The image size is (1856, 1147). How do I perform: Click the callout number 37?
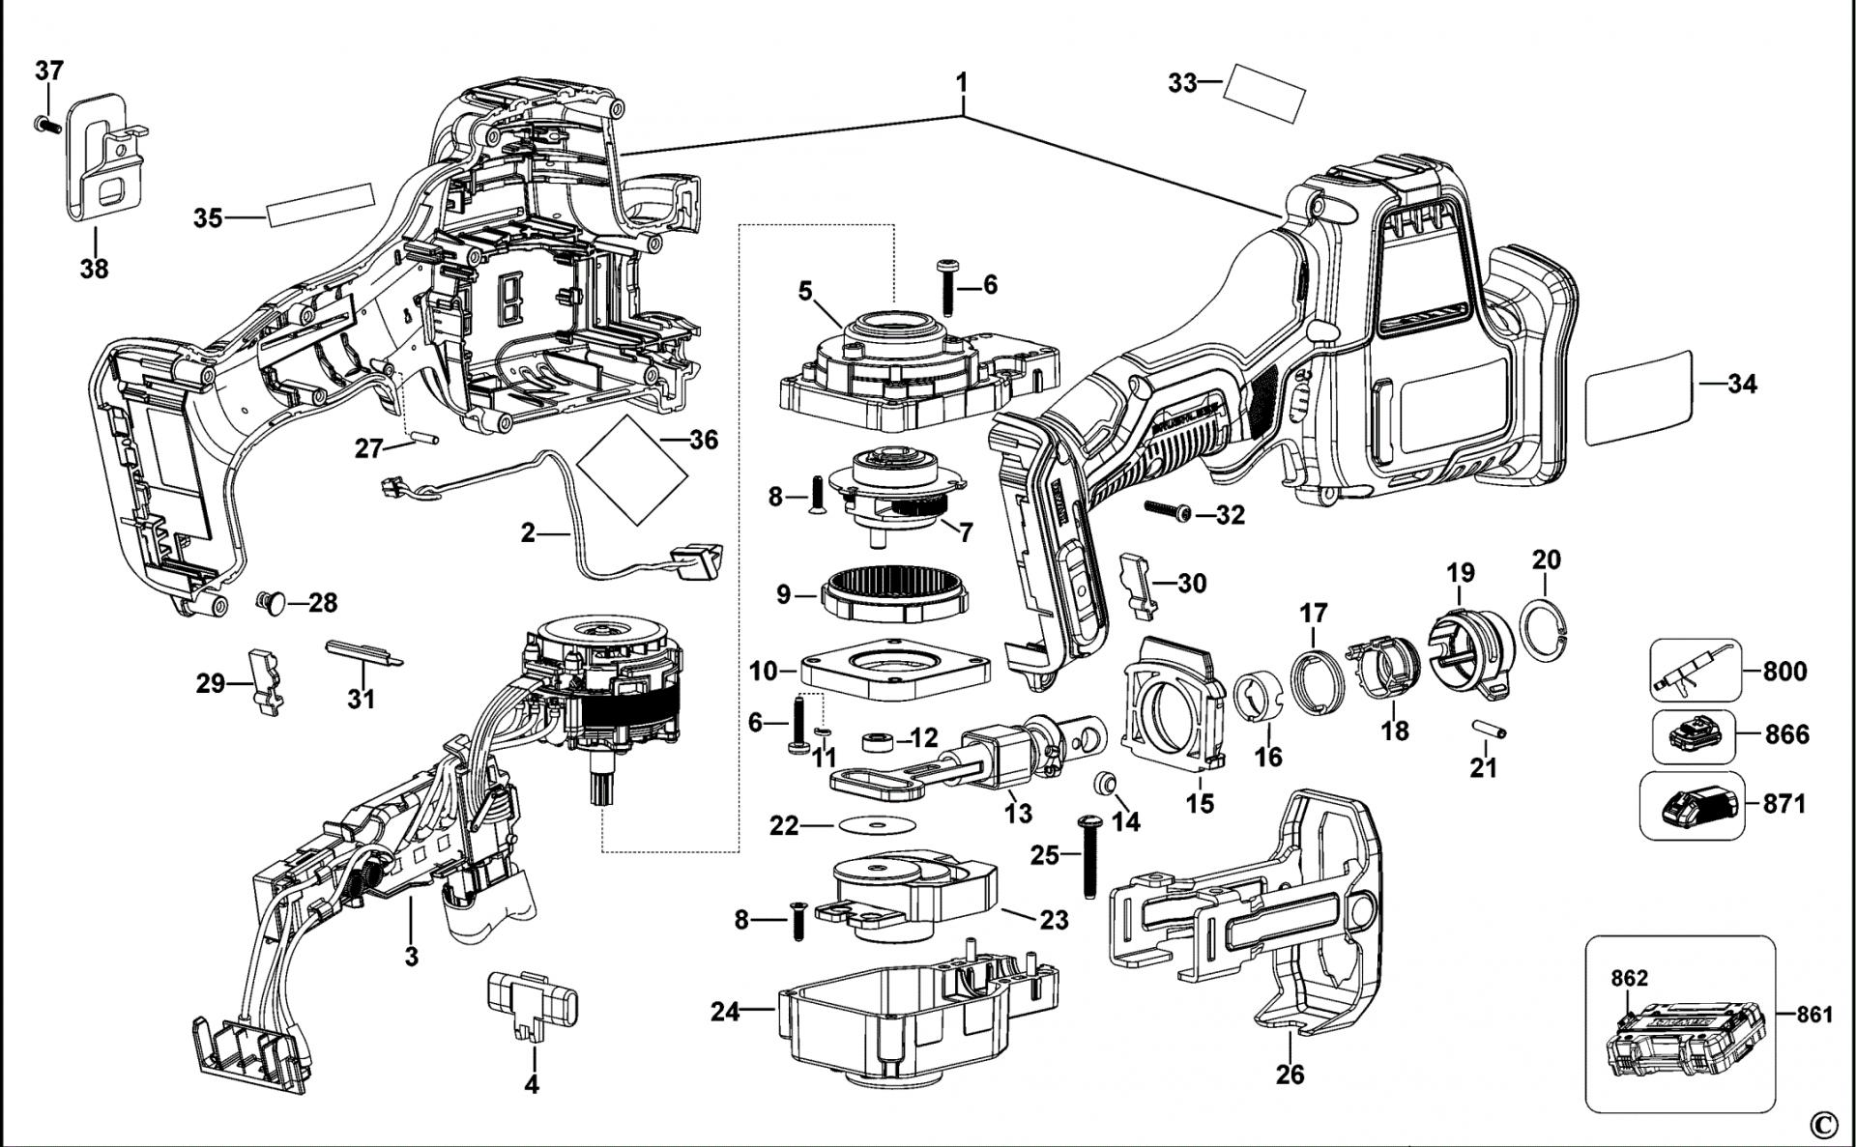click(x=49, y=71)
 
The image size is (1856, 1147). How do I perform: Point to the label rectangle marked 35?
click(x=320, y=205)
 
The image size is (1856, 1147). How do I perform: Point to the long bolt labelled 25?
click(x=1089, y=856)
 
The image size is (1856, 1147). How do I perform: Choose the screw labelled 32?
click(x=1169, y=510)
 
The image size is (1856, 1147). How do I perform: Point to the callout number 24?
click(x=725, y=1012)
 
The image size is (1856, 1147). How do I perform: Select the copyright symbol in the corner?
click(x=1822, y=1124)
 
